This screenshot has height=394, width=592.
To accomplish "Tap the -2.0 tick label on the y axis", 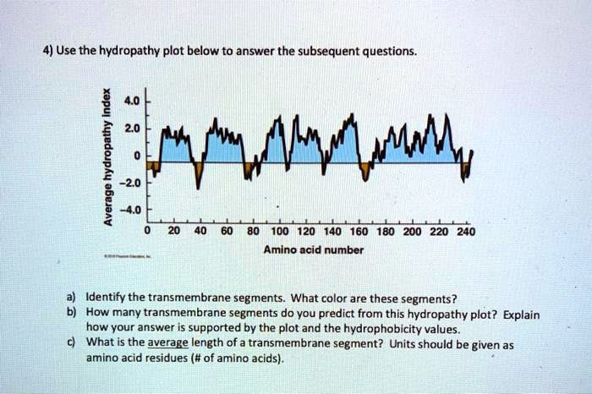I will (x=127, y=183).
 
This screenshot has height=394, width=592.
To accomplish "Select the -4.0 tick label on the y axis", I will (x=127, y=210).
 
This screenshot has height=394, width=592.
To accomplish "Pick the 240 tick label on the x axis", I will (x=466, y=233).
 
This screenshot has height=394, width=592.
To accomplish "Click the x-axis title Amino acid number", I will (x=314, y=250).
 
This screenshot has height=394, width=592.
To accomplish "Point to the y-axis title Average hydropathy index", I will (x=106, y=157).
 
